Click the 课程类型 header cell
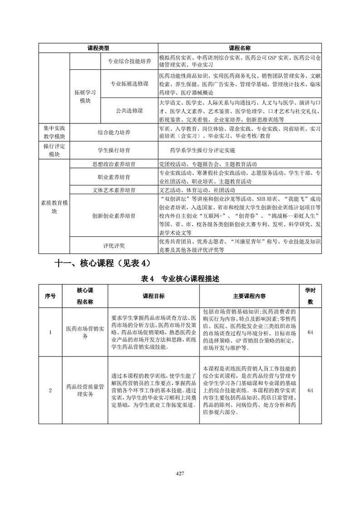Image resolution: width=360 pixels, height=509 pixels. coord(98,48)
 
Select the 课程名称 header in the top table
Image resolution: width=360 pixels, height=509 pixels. coord(240,48)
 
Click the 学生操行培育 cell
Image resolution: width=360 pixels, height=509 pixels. coord(113,150)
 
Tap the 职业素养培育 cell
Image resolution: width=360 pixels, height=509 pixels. coord(113,177)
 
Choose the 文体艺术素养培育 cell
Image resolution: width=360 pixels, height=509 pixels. coord(113,190)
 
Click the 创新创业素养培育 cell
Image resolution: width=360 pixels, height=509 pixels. coord(113,215)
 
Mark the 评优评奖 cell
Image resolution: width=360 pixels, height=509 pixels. coord(113,245)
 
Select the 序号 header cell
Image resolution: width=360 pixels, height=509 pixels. coord(50,296)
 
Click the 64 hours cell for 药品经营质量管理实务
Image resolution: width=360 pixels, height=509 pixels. coord(310,390)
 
